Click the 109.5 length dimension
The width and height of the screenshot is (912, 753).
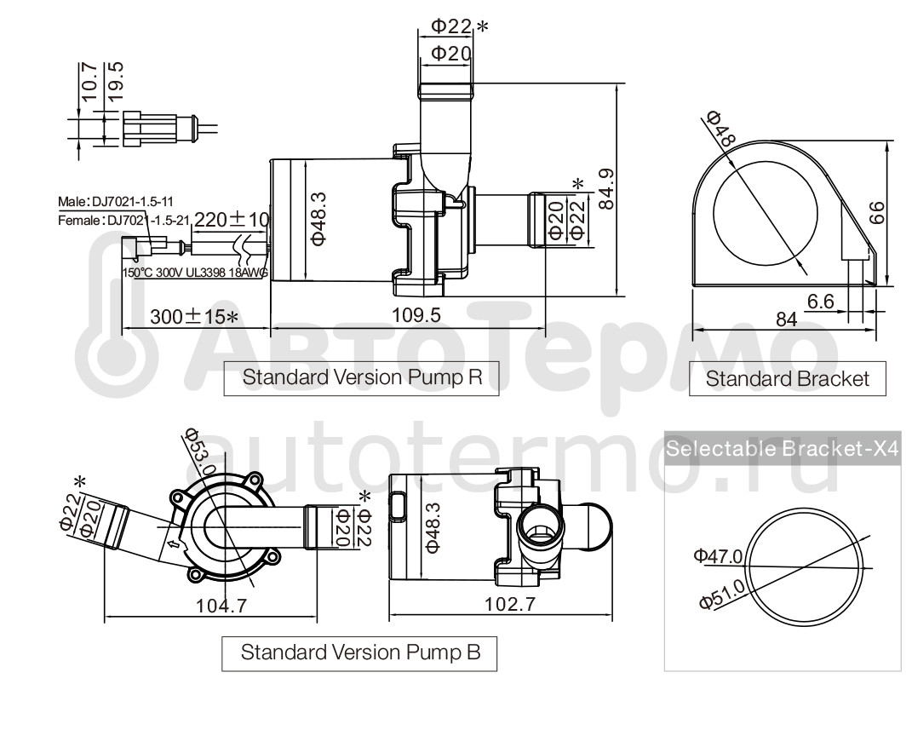[x=416, y=316]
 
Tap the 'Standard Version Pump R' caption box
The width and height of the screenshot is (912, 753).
[x=361, y=378]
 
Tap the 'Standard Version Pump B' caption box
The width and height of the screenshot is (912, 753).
[x=360, y=653]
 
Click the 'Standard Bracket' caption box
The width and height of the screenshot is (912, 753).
[x=788, y=379]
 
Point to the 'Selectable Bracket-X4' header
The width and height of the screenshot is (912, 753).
[x=783, y=450]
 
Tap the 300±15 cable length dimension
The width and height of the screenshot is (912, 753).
[x=193, y=317]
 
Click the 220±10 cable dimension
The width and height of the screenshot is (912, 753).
[x=232, y=219]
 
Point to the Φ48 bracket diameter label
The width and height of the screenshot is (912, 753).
[x=722, y=128]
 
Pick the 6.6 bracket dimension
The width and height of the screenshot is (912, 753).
[x=820, y=300]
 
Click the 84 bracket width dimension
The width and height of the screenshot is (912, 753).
[x=786, y=319]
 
